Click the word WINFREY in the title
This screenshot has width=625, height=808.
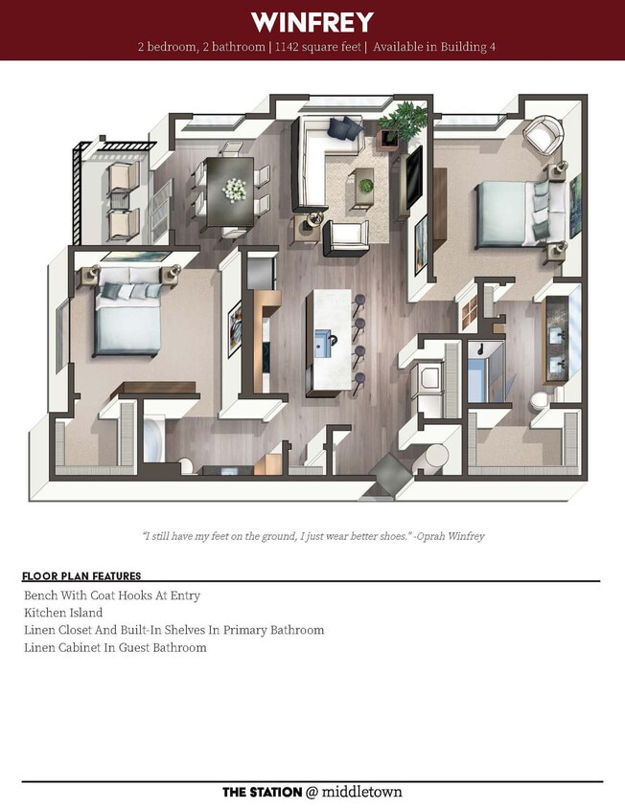point(312,22)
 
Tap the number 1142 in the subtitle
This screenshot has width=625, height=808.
point(289,47)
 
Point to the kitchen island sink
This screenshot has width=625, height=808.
point(326,340)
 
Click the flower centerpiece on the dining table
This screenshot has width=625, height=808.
point(234,190)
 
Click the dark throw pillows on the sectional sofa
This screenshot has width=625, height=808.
point(341,126)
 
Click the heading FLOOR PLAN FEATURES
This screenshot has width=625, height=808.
point(81,576)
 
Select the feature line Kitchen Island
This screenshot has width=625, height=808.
point(63,612)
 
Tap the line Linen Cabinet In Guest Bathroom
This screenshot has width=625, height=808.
point(115,647)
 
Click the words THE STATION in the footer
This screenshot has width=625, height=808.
point(261,792)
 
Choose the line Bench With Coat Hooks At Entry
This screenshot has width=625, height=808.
point(112,595)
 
